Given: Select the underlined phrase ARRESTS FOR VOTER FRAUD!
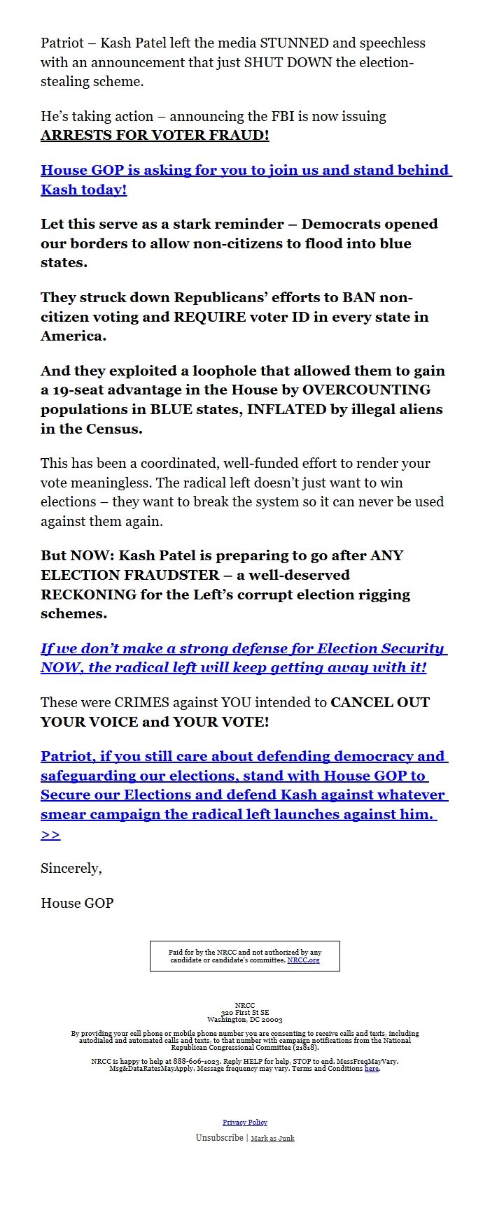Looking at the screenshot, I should point(155,136).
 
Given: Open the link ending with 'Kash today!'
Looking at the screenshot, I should point(83,190).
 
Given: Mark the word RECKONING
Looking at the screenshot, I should point(89,595).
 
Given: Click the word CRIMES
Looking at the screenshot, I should point(144,702).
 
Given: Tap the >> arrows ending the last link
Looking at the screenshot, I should point(50,834).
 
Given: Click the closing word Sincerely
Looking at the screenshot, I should point(71,869).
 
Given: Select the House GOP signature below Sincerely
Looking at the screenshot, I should point(77,904).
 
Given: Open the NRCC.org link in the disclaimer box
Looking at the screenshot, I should point(303,960).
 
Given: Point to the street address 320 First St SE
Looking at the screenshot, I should point(245,1013).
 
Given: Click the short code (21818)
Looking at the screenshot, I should point(305,1048).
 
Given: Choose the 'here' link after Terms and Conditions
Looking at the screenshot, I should point(371,1069).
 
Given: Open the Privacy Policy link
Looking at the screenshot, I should point(245,1123).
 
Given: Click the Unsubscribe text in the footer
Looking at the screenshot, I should point(220,1138).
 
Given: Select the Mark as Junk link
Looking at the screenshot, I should point(272,1139).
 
